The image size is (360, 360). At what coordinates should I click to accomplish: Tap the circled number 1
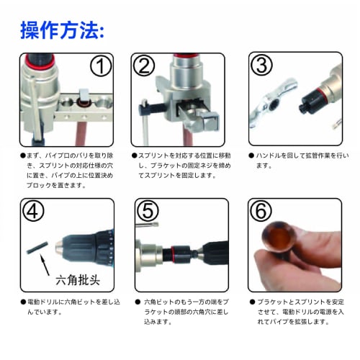pyautogui.click(x=102, y=66)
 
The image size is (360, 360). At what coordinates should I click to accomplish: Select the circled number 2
pyautogui.click(x=145, y=66)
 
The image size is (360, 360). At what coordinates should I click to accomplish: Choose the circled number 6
pyautogui.click(x=262, y=212)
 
